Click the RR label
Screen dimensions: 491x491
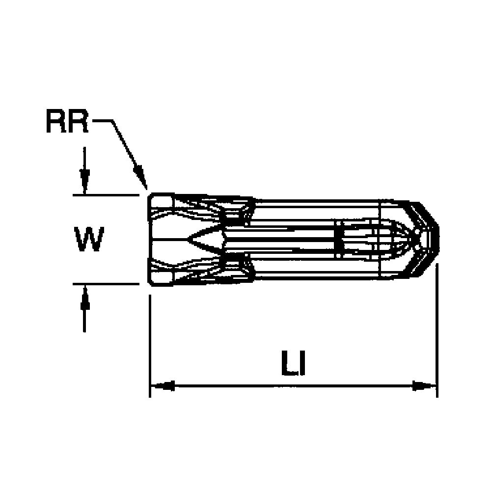(x=67, y=121)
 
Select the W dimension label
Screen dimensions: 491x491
(x=89, y=239)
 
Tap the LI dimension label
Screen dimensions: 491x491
(x=294, y=363)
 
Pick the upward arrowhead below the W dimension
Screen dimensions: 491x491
(x=84, y=298)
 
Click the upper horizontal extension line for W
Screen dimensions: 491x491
(x=106, y=195)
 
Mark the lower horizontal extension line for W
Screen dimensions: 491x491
(x=106, y=284)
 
